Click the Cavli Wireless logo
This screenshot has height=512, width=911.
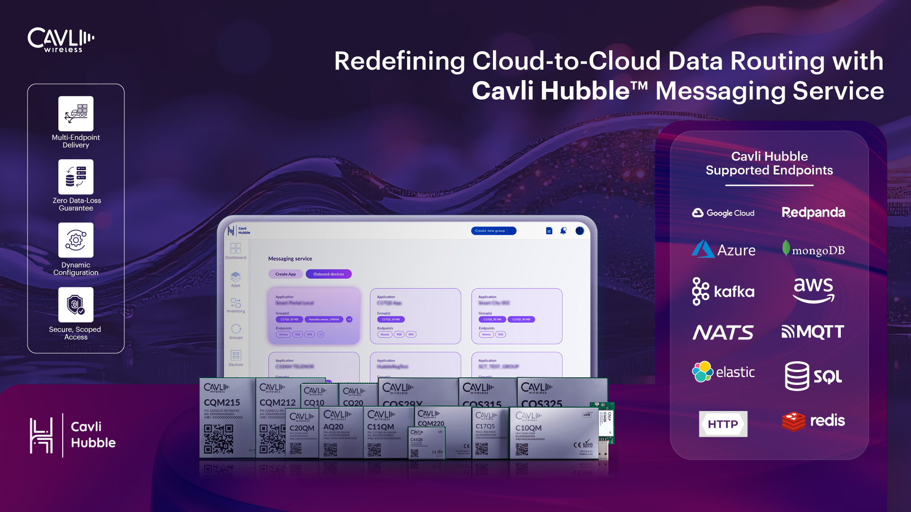coord(61,40)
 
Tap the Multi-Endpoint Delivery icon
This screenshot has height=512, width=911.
coord(76,114)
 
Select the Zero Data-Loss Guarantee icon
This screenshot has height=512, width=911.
coord(76,177)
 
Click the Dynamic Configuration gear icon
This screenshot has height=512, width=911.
coord(76,240)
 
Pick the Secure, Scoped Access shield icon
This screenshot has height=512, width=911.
coord(76,305)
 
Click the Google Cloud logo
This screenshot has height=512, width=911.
coord(723,213)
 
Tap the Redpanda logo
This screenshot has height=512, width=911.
coord(813,213)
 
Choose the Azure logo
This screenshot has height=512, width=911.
coord(723,249)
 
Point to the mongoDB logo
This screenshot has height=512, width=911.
coord(813,249)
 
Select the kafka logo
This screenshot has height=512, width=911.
coord(723,291)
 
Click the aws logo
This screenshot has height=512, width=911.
coord(813,290)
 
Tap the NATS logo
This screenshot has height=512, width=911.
coord(723,332)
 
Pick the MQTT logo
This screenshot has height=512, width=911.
coord(813,332)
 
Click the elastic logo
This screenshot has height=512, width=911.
coord(723,372)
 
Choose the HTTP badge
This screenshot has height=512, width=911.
coord(723,424)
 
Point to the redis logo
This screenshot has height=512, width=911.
coord(813,421)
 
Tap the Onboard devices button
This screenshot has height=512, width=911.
coord(328,274)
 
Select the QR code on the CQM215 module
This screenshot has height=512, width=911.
coord(218,439)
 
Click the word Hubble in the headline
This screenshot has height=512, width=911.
coord(585,91)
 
